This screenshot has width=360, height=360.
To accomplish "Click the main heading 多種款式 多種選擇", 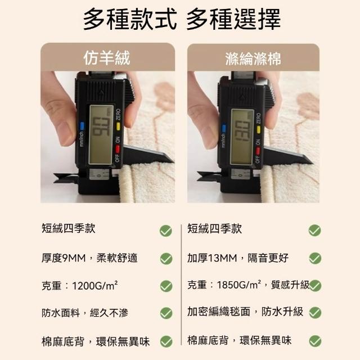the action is [182, 19].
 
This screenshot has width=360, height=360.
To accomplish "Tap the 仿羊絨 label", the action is [107, 58].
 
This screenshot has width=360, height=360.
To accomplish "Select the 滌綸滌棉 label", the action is [253, 58].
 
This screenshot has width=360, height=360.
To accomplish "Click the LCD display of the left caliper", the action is [101, 135].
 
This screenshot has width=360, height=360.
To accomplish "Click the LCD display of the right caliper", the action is [242, 137].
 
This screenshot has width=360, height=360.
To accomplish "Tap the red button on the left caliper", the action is [118, 149].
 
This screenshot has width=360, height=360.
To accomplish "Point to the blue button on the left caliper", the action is [82, 126].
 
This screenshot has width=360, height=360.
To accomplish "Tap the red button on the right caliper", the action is [258, 151].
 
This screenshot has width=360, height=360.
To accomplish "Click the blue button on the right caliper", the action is [224, 129].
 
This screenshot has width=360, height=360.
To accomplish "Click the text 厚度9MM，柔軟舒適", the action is [89, 258].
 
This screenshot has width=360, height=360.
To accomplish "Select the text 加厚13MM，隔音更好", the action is [238, 258].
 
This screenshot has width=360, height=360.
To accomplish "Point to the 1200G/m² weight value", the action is [95, 286].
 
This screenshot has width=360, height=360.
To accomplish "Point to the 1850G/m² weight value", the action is [238, 285].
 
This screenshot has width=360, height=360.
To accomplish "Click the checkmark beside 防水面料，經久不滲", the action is [166, 313].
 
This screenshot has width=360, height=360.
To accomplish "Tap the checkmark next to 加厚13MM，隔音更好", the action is [315, 258].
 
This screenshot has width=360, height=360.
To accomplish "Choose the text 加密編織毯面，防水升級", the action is [245, 312].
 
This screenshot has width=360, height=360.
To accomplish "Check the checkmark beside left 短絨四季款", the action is [166, 231].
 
